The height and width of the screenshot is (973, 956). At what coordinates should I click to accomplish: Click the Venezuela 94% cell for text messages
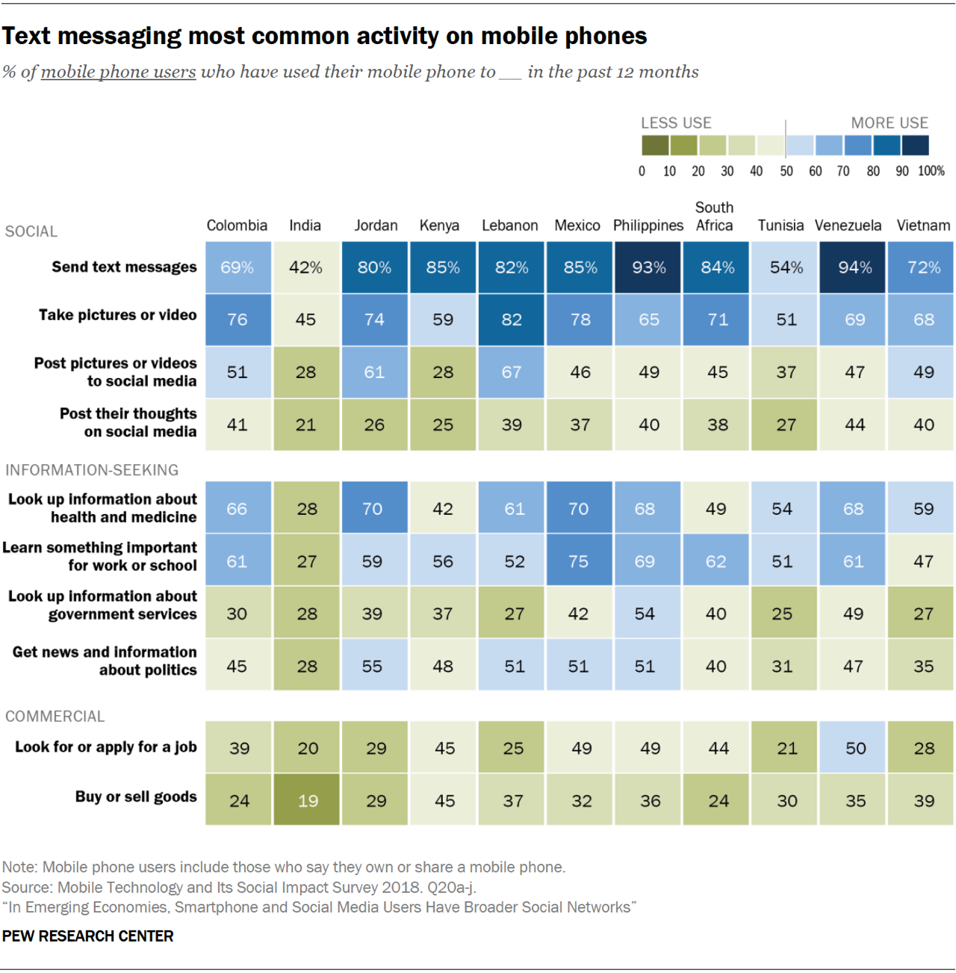coord(854,268)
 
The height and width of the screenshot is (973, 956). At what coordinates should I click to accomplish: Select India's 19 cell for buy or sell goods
coord(307,800)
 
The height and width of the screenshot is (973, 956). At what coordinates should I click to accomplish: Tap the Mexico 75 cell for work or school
coord(579,561)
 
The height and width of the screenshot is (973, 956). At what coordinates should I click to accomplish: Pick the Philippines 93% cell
coord(648,268)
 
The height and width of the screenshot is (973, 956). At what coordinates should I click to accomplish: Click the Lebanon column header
coord(509,226)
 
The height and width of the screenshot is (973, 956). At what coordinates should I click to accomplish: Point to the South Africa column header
coord(714,217)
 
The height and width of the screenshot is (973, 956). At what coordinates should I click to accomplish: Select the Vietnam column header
coord(923,226)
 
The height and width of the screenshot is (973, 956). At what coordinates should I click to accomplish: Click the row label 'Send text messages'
coord(124,267)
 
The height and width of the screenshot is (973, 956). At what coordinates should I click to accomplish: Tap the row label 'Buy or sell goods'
coord(136,797)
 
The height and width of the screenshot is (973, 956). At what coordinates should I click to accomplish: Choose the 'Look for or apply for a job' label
coord(106,747)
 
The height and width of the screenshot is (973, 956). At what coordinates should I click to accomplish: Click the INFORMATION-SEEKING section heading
coord(92,470)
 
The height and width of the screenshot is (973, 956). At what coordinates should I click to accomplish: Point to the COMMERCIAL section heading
coord(55,716)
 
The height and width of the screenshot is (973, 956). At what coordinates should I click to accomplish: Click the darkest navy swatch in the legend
coord(916,145)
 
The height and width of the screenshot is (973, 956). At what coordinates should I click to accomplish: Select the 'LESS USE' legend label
coord(676,123)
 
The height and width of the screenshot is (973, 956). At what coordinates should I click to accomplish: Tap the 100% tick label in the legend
coord(931,171)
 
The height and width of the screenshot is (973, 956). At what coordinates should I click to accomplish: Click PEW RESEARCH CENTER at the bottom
coord(88,936)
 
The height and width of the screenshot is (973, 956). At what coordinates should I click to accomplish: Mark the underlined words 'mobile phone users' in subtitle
coord(118,72)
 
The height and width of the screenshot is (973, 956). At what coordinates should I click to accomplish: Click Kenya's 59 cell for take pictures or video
coord(443,320)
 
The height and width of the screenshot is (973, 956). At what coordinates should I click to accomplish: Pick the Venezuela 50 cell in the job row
coord(855,748)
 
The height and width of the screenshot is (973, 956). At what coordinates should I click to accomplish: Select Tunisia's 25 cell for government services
coord(782,614)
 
